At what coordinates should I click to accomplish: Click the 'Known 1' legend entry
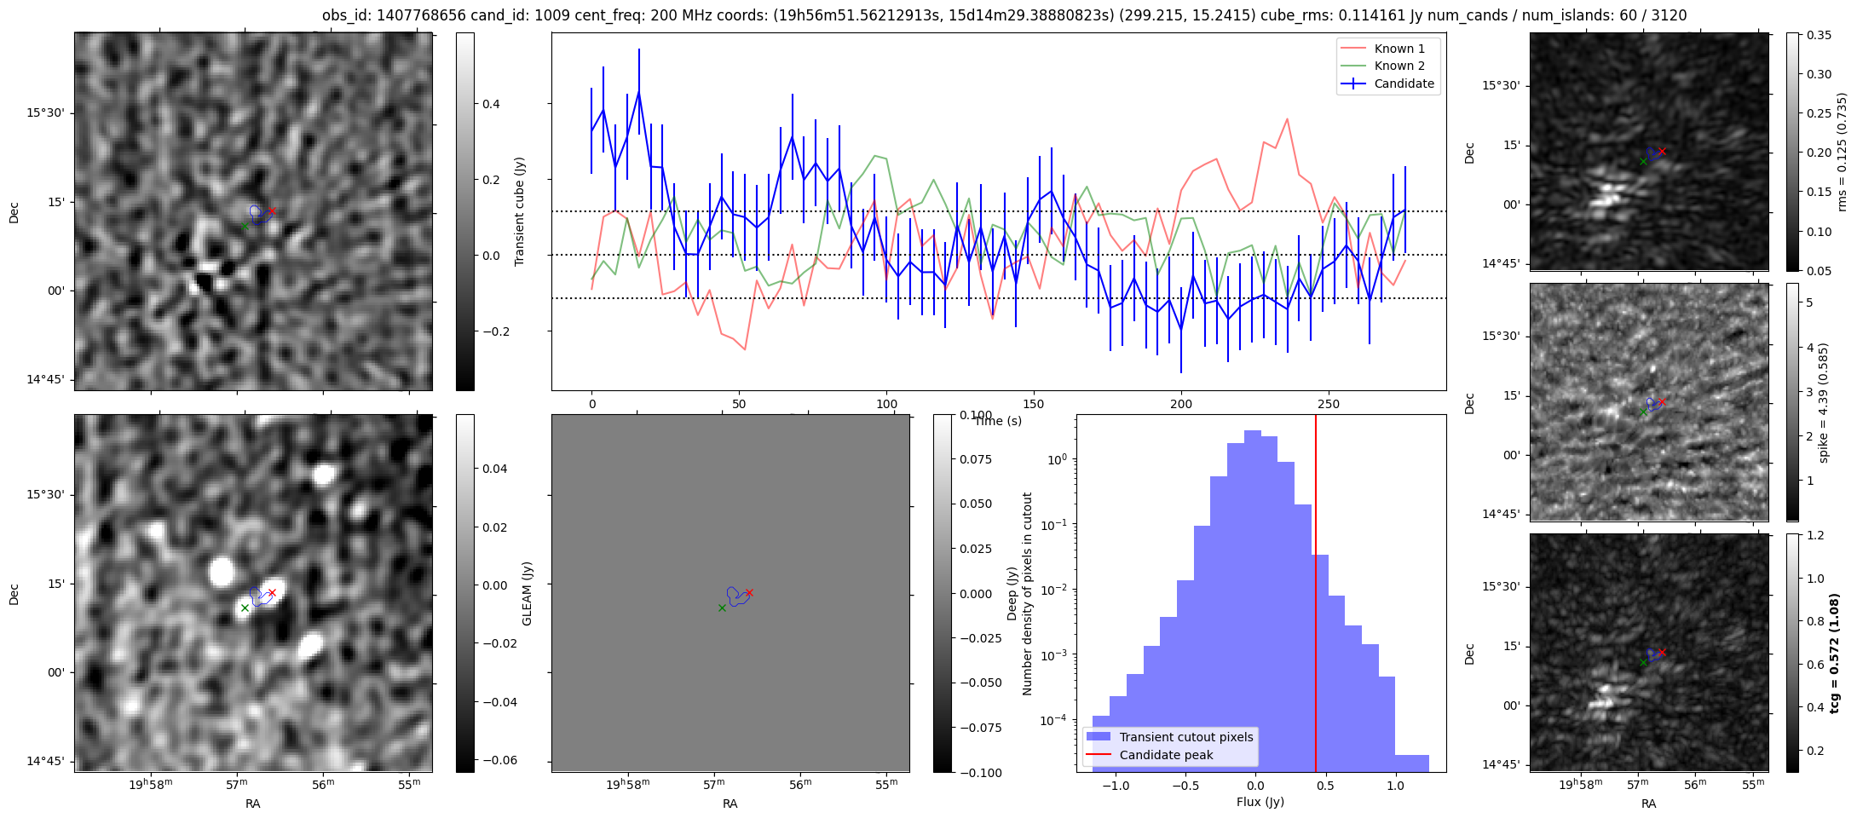pyautogui.click(x=1399, y=49)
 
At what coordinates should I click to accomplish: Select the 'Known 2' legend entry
pyautogui.click(x=1399, y=66)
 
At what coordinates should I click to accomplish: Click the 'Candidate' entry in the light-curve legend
pyautogui.click(x=1404, y=84)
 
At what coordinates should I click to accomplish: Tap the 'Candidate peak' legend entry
pyautogui.click(x=1166, y=755)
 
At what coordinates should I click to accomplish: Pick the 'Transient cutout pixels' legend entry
pyautogui.click(x=1185, y=737)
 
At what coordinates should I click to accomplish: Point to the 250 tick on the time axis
pyautogui.click(x=1329, y=404)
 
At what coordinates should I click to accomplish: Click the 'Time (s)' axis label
pyautogui.click(x=998, y=421)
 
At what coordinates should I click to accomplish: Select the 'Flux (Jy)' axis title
pyautogui.click(x=1260, y=802)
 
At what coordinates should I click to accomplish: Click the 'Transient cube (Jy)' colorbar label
pyautogui.click(x=519, y=211)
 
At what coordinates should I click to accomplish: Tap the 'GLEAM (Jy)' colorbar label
pyautogui.click(x=527, y=593)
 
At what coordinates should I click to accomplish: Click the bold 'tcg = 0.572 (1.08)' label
pyautogui.click(x=1835, y=653)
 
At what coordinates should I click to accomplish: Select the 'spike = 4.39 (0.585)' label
pyautogui.click(x=1824, y=402)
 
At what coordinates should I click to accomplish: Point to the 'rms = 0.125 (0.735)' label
pyautogui.click(x=1842, y=152)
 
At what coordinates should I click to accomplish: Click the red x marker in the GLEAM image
pyautogui.click(x=272, y=592)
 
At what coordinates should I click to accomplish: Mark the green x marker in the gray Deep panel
pyautogui.click(x=722, y=608)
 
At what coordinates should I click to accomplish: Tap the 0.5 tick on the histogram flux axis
pyautogui.click(x=1324, y=785)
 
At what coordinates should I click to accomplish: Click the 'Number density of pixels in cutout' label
pyautogui.click(x=1027, y=593)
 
